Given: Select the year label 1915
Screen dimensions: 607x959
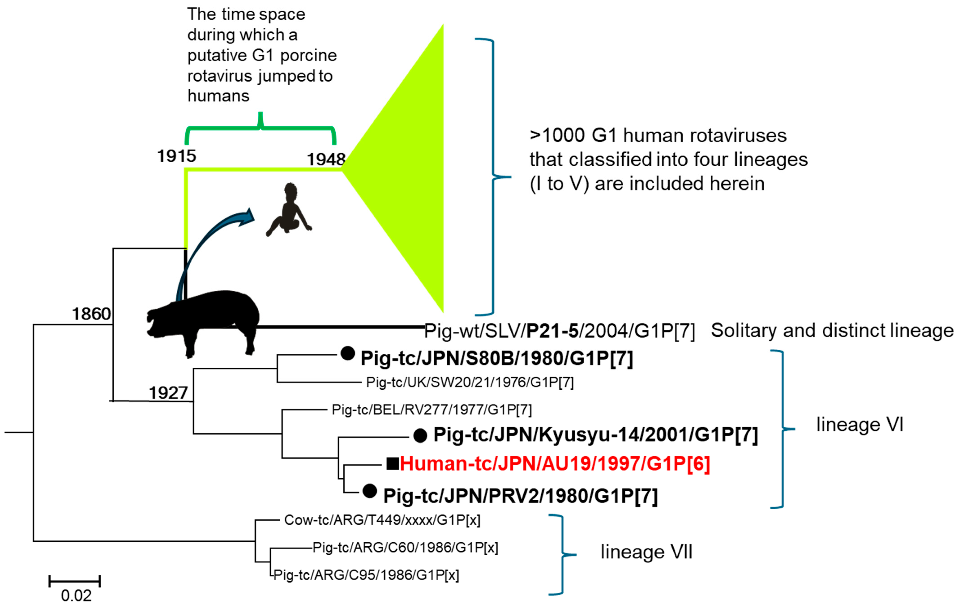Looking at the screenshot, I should tap(176, 156).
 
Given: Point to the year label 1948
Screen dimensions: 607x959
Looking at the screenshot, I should tap(326, 159).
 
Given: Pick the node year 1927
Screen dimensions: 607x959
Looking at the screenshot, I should tap(168, 393).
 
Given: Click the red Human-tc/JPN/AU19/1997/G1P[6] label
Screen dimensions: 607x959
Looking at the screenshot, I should tap(555, 464).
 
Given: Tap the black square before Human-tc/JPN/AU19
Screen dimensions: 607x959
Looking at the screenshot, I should tap(393, 464).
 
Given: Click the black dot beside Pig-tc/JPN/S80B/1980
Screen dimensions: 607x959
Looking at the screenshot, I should tap(348, 353).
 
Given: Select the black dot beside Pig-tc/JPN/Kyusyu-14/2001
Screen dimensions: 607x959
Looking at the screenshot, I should tap(420, 436).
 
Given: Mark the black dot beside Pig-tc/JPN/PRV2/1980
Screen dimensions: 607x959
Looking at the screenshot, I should tap(369, 491).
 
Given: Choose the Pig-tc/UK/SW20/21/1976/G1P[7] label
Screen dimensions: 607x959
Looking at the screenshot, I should tap(470, 382).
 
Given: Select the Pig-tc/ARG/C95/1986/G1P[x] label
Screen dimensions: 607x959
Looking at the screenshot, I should tap(366, 575).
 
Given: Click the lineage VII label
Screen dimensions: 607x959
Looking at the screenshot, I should tap(646, 552).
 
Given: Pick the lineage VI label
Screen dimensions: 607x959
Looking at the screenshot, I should tap(860, 425).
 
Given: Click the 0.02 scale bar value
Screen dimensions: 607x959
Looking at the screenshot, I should tap(76, 596).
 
